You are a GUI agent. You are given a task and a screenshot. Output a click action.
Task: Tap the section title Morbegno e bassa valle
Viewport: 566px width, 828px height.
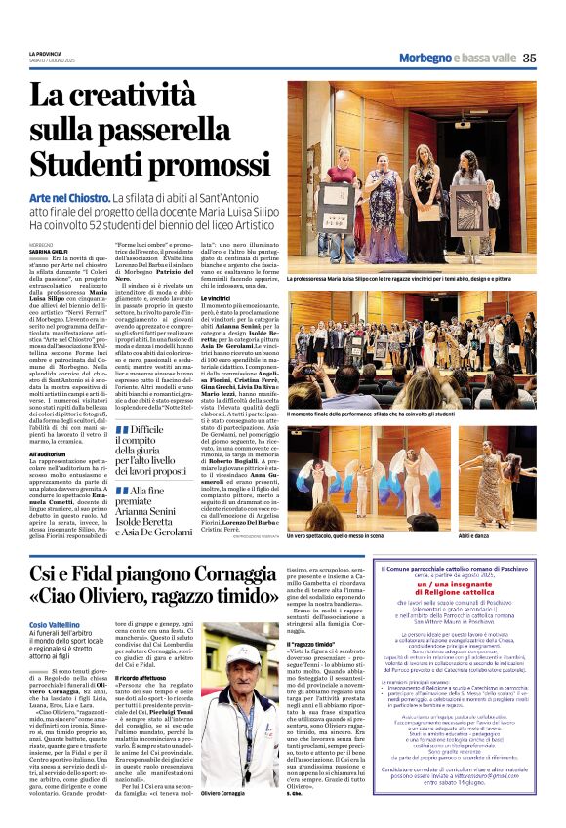[x=456, y=58]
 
